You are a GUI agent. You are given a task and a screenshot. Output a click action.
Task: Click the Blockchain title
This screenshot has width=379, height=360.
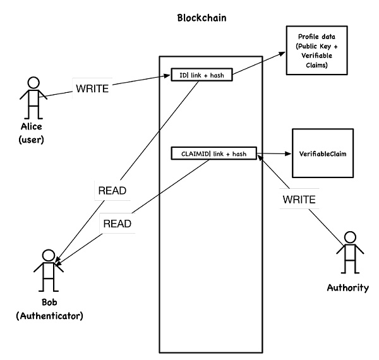(201, 17)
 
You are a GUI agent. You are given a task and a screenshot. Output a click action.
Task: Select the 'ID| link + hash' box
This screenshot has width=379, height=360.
(202, 75)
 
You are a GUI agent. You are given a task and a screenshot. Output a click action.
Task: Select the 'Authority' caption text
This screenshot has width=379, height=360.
(347, 287)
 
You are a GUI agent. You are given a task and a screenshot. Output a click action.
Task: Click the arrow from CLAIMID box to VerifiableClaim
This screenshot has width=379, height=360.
(272, 153)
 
